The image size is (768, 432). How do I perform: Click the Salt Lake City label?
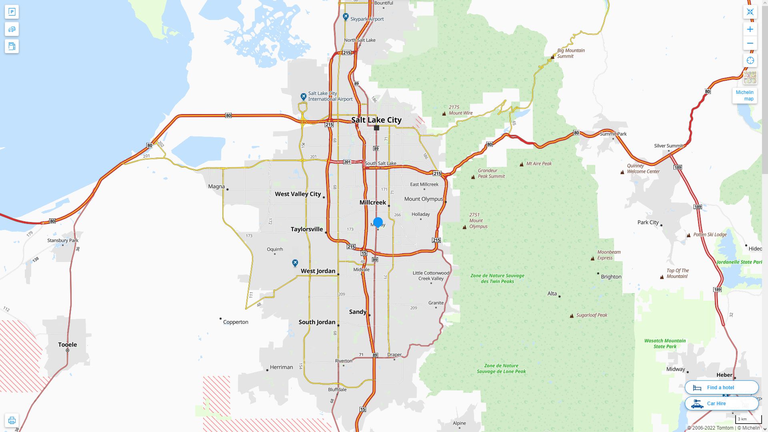[x=376, y=120]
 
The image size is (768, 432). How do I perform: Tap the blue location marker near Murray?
[x=378, y=222]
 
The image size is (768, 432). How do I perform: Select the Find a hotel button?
[x=721, y=387]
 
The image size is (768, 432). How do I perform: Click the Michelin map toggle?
[x=744, y=96]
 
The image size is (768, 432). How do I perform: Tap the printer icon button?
[x=12, y=420]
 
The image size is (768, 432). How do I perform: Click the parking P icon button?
[x=12, y=12]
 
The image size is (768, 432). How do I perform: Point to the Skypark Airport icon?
[x=346, y=17]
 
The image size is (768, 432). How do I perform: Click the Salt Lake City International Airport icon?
[x=303, y=97]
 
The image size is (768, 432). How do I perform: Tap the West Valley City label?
[x=298, y=194]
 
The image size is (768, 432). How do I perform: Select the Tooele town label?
[x=67, y=344]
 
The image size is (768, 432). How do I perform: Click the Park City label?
[x=648, y=222]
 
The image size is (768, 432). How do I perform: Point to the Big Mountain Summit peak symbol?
[x=552, y=57]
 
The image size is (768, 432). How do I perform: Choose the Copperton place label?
[x=236, y=322]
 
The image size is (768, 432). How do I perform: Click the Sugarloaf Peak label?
[x=592, y=315]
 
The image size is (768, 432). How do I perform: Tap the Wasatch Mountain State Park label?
[x=665, y=344]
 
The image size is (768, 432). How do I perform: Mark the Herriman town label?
[x=281, y=367]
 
